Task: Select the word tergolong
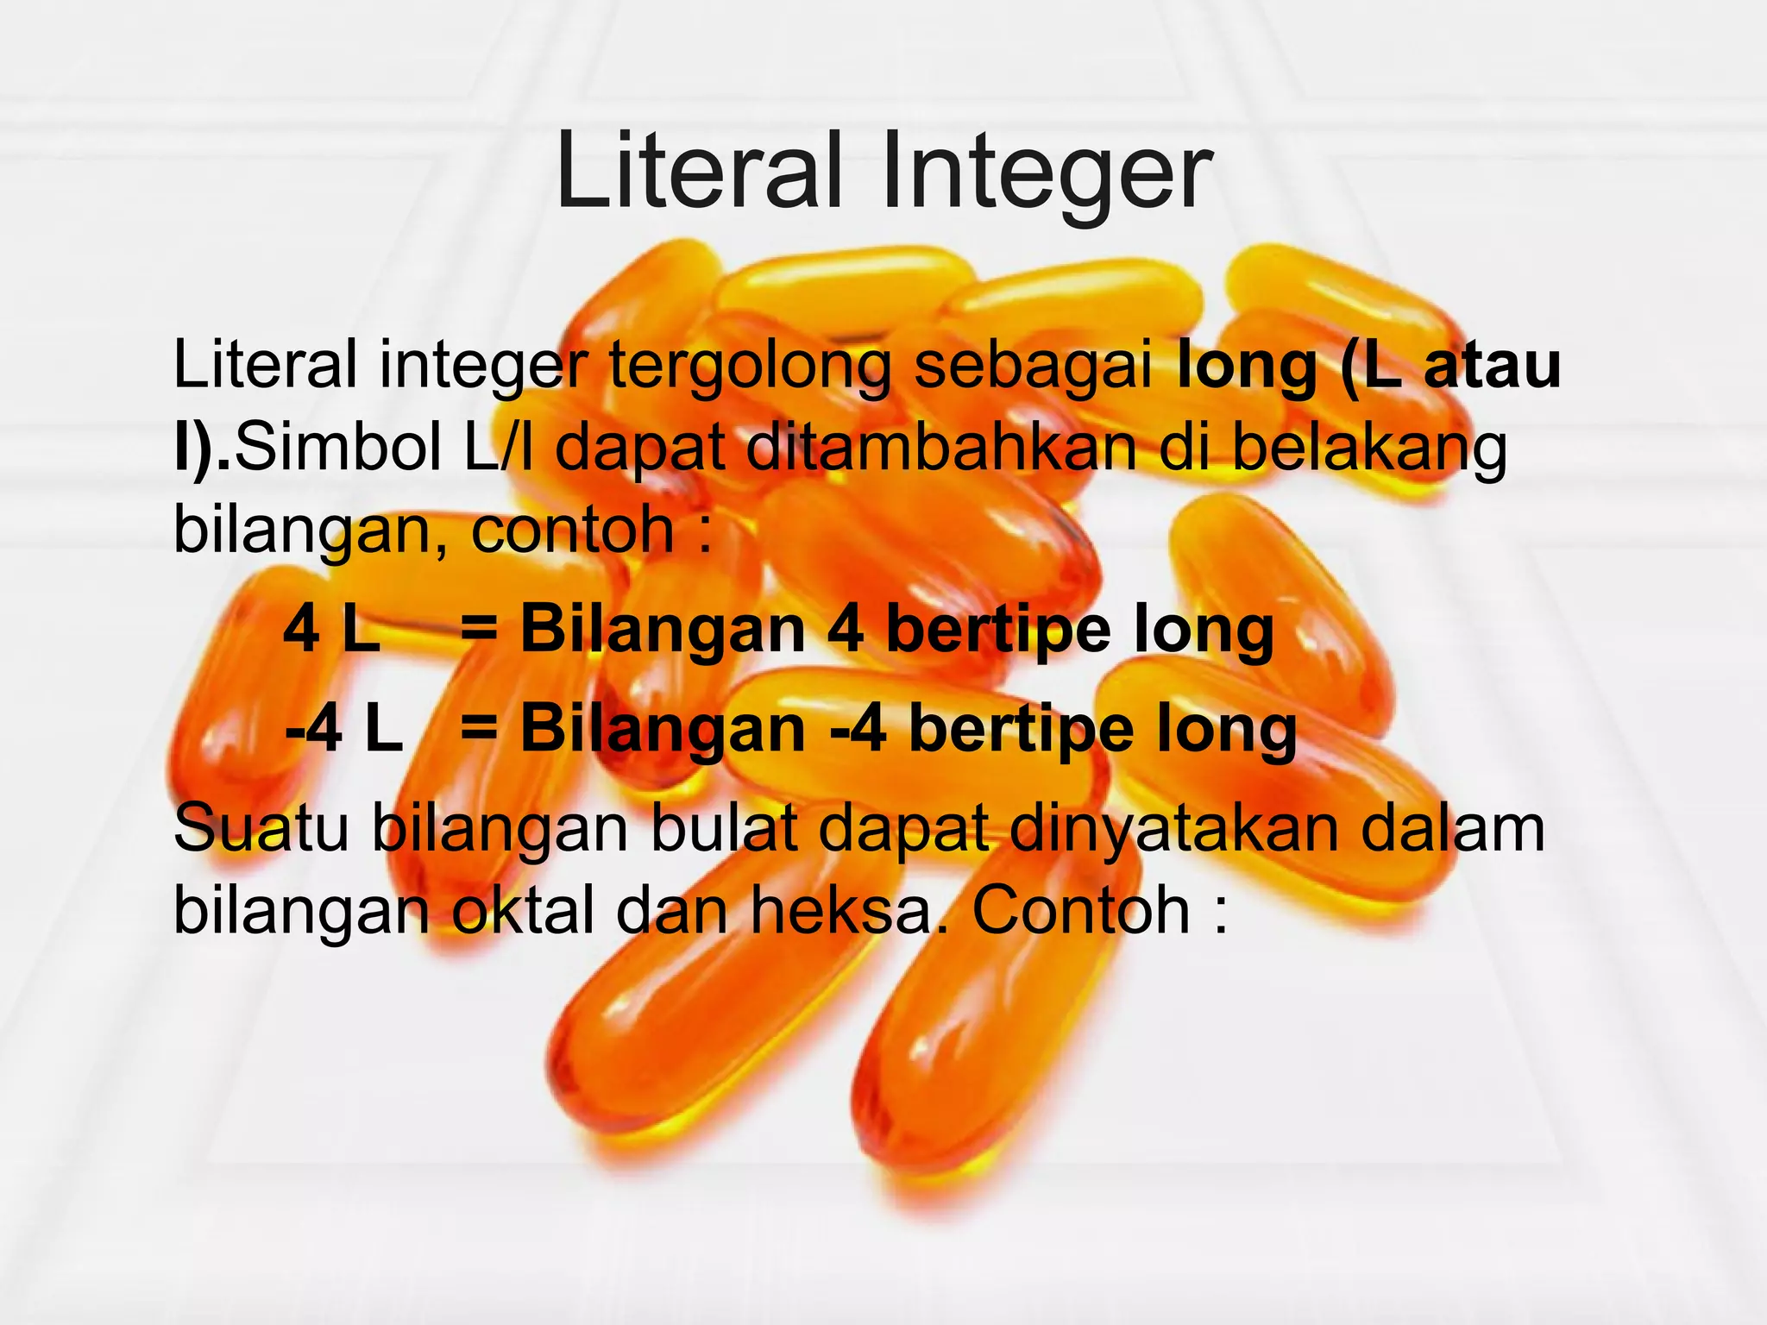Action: (x=750, y=367)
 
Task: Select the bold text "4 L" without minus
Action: (x=331, y=630)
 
